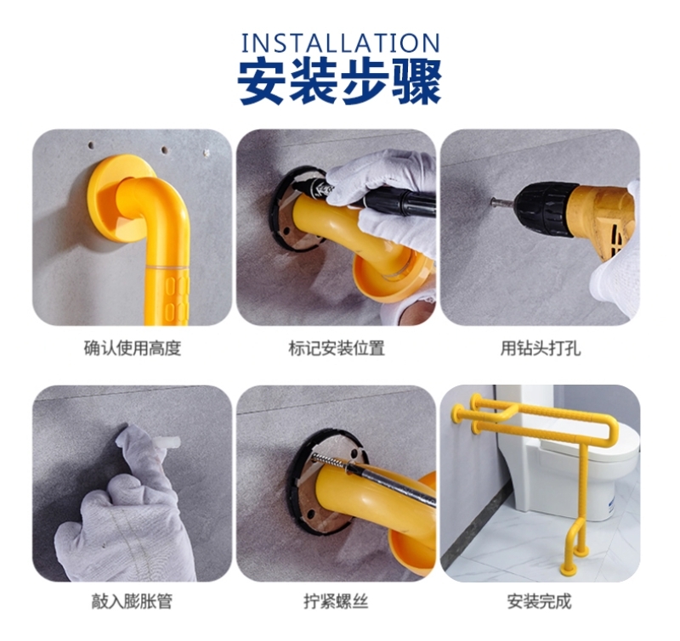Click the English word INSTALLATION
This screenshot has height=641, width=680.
(341, 43)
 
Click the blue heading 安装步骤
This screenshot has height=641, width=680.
(341, 82)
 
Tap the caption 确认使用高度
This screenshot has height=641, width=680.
(133, 348)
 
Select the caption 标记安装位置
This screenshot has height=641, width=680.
(337, 348)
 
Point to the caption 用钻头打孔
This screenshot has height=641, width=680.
(541, 348)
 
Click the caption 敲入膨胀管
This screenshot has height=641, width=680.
(132, 602)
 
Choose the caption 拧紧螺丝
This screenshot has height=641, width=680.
(336, 602)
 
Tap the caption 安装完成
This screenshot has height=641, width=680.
(540, 602)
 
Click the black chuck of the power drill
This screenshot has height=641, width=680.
(543, 209)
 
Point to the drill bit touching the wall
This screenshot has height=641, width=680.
(502, 201)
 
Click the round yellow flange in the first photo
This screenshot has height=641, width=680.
(116, 198)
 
